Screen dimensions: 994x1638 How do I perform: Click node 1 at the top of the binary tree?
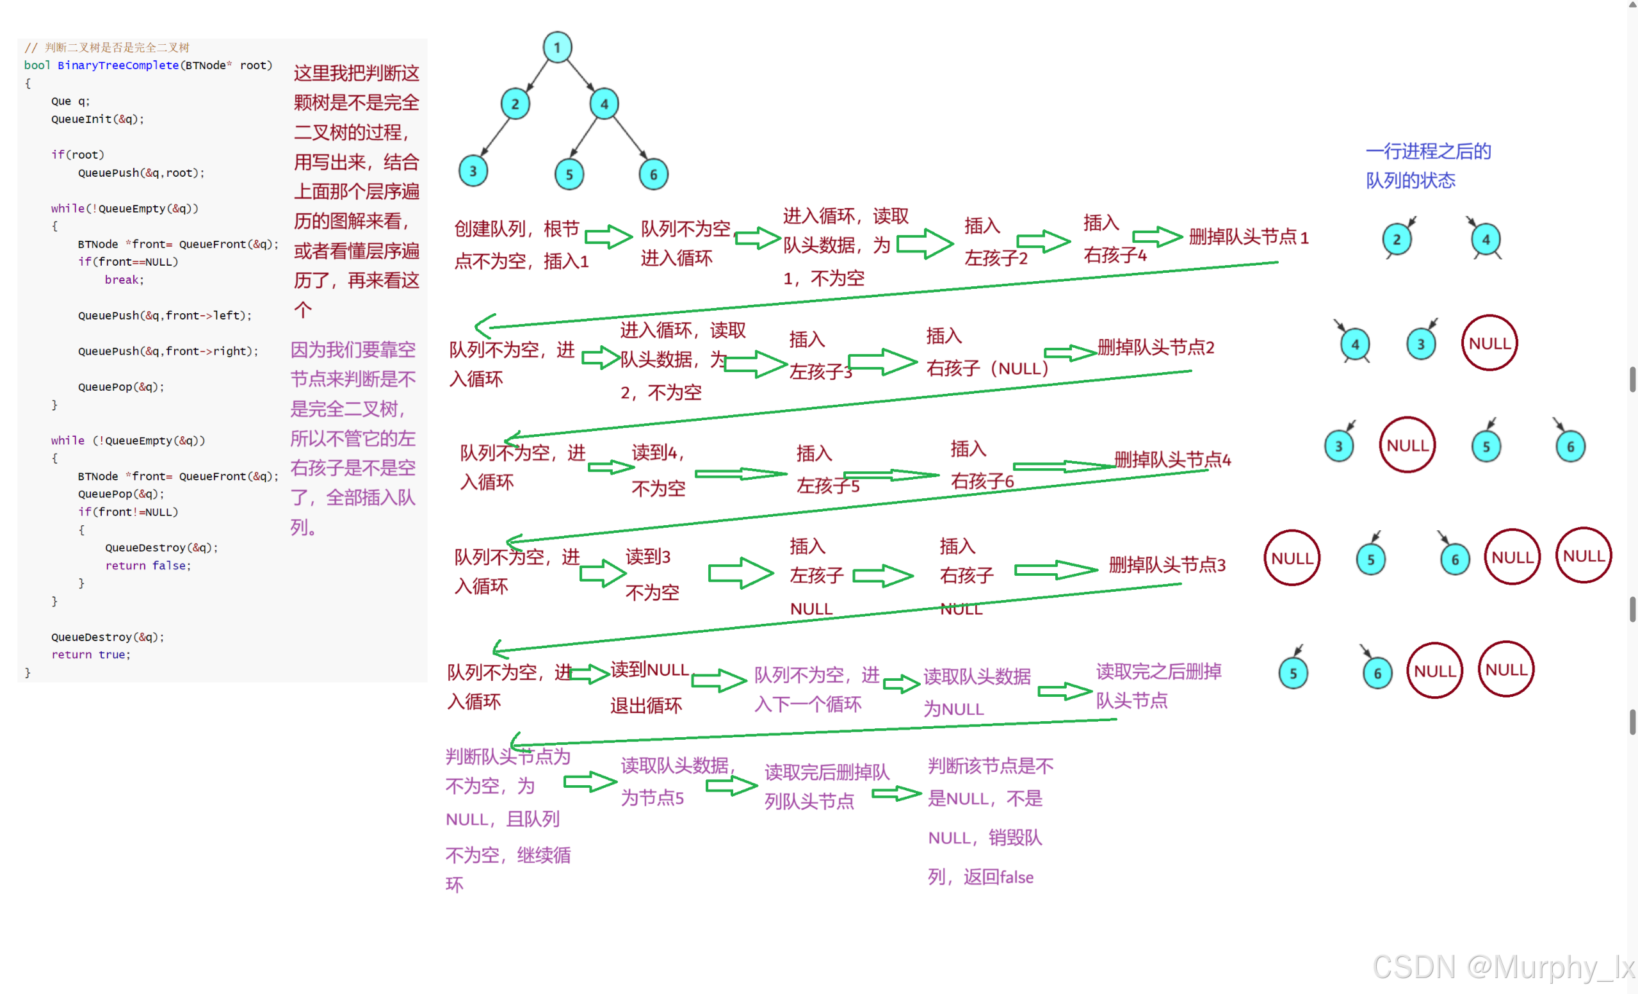click(x=557, y=47)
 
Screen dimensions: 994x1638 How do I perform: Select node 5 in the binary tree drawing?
click(x=569, y=174)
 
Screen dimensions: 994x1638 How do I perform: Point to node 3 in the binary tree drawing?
click(x=473, y=171)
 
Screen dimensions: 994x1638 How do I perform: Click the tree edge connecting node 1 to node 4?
click(x=581, y=76)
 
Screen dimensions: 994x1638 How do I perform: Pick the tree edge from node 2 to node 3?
click(x=494, y=138)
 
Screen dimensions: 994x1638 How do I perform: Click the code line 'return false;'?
click(x=147, y=565)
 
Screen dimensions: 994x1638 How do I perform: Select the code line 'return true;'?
click(x=91, y=655)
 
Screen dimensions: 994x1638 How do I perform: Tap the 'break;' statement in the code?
click(x=124, y=279)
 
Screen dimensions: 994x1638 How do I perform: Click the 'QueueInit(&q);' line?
click(x=97, y=119)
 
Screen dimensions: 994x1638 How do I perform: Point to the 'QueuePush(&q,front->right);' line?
click(x=168, y=351)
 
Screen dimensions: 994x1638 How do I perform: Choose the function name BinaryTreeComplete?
click(x=118, y=65)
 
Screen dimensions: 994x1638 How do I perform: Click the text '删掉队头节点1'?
click(x=1249, y=237)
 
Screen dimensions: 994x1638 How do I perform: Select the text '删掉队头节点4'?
click(x=1172, y=459)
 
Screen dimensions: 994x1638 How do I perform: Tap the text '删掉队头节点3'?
click(x=1167, y=564)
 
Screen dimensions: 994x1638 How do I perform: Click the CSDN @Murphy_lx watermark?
click(x=1502, y=966)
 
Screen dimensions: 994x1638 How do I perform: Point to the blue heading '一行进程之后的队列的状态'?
click(x=1427, y=165)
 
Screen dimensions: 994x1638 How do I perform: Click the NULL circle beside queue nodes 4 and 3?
click(x=1489, y=343)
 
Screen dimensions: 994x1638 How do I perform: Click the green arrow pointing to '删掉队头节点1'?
click(x=1156, y=236)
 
